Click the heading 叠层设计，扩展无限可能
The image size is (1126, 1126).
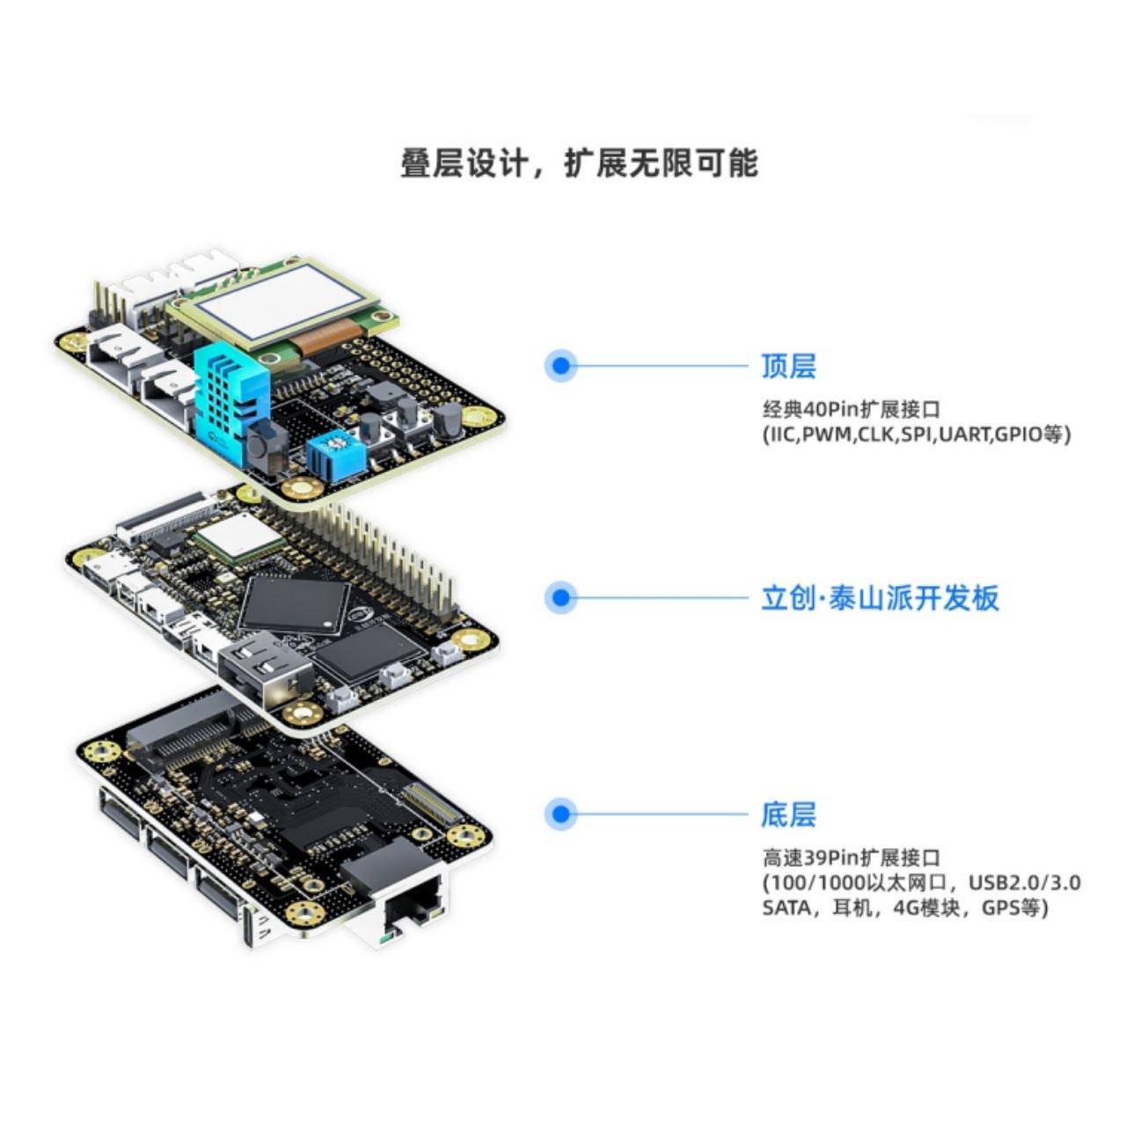pos(579,165)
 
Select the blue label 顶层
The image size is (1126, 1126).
pos(788,366)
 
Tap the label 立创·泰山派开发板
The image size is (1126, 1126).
pos(880,598)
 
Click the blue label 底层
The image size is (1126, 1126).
pos(788,815)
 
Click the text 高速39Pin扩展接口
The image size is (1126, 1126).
pos(851,858)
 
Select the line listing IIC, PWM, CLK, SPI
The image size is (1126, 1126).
pos(916,435)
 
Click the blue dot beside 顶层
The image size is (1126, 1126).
pos(560,366)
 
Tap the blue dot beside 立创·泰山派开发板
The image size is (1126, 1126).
pos(560,598)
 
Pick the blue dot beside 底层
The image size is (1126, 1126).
pos(560,815)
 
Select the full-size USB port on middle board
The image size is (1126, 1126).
pos(264,669)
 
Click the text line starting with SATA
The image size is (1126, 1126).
pos(905,908)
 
